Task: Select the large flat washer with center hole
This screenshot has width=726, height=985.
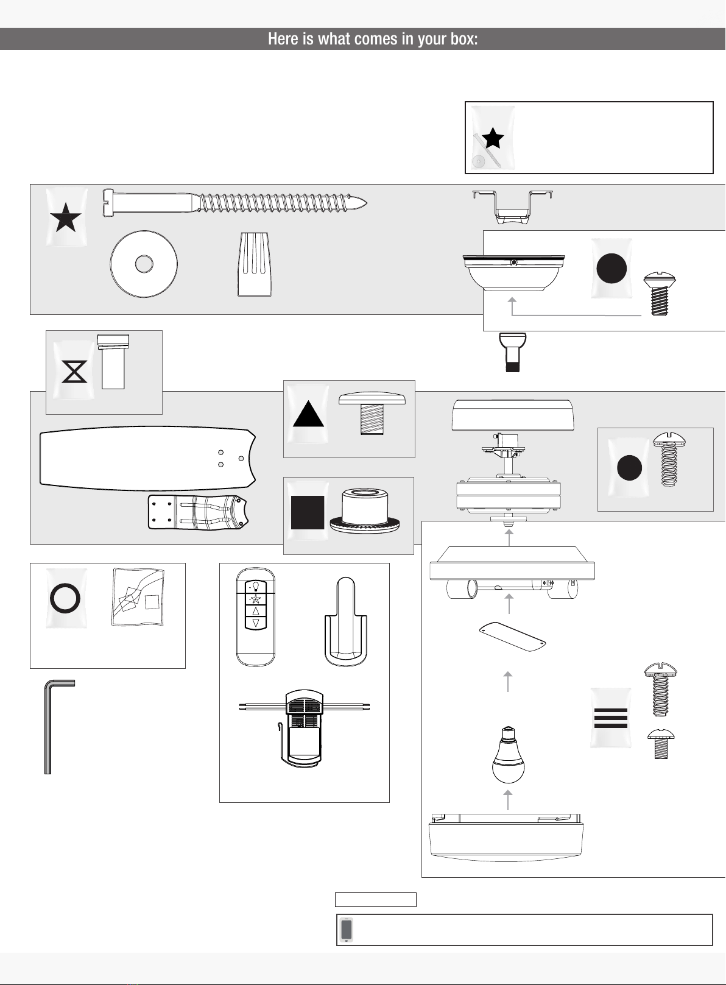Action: tap(144, 264)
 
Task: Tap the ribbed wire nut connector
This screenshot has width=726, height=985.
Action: tap(254, 264)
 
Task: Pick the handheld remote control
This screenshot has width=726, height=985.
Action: tap(256, 616)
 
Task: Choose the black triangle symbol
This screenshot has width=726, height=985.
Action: tap(308, 415)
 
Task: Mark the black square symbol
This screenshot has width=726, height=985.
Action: tap(308, 512)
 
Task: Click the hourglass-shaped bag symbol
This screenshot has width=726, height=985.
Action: tap(74, 371)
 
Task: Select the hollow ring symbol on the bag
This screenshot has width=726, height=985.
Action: tap(65, 598)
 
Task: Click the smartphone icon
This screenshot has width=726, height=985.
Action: tap(347, 930)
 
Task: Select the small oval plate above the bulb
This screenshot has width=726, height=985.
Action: tap(512, 637)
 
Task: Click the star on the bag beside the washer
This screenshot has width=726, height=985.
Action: tap(66, 218)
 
